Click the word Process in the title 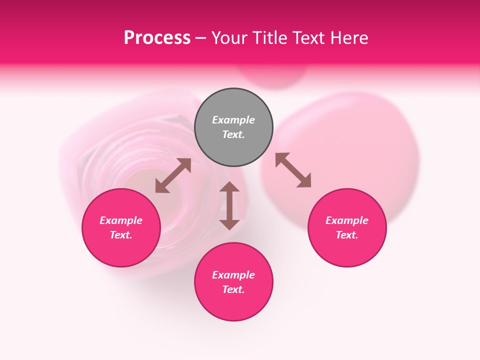pos(157,38)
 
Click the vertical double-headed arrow pos(229,205)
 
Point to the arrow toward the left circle pos(173,175)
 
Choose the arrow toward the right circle pos(293,170)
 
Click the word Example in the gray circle pos(233,120)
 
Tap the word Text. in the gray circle pos(233,134)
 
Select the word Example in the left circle pos(121,220)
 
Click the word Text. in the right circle pos(347,235)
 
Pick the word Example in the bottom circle pos(233,275)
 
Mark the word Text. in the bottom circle pos(233,289)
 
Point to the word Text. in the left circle pos(121,235)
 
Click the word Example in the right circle pos(347,220)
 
